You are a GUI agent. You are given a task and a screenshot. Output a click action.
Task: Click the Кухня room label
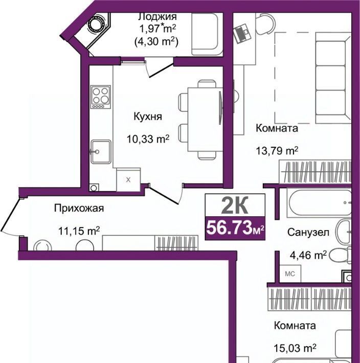pos(148,117)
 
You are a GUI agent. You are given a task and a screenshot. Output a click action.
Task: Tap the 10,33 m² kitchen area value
pos(148,139)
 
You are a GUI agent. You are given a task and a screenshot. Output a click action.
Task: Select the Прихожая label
pos(79,209)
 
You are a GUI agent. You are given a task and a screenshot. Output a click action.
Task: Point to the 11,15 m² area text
pos(79,231)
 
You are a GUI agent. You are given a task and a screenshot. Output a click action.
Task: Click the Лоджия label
pos(157,17)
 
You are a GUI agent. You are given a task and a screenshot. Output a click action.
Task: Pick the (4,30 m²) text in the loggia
pos(156,42)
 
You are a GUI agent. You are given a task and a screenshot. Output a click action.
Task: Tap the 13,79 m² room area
pos(277,151)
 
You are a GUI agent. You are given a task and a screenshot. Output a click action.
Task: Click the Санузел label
pos(308,232)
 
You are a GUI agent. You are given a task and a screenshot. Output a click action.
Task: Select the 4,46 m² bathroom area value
pos(308,255)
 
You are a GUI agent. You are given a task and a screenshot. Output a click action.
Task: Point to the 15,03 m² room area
pos(295,348)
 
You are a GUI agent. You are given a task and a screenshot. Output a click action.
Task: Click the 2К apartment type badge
pos(235,205)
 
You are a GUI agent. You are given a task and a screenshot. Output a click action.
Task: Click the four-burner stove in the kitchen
pos(101,97)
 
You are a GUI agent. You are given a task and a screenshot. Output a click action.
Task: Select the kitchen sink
pos(100,152)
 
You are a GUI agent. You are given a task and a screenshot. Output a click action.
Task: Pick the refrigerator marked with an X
pos(128,179)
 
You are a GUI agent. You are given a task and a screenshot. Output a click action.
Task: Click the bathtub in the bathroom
pos(319,202)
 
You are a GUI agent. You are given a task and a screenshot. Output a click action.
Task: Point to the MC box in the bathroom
pos(290,274)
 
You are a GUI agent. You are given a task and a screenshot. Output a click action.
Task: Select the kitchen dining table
pos(205,120)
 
